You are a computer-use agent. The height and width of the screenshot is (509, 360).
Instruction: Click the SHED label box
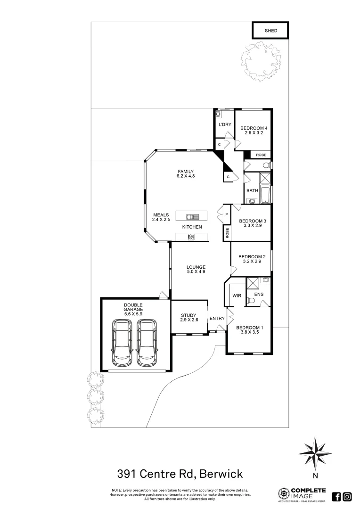point(270,31)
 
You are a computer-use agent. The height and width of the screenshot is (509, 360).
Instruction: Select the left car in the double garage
point(122,343)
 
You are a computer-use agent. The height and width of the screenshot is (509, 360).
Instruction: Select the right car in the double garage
point(147,343)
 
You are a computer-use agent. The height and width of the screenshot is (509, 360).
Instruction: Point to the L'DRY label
point(224,124)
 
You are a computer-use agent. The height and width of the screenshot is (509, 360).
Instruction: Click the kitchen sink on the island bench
point(191,216)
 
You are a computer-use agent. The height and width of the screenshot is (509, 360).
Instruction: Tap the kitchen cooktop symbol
point(191,237)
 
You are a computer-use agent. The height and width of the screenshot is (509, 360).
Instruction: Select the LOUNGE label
point(196,267)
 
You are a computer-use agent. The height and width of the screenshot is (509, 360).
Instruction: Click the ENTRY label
point(217,319)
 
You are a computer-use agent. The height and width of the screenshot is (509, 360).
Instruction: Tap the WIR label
point(236,296)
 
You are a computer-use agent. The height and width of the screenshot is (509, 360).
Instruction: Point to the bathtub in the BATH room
point(265,193)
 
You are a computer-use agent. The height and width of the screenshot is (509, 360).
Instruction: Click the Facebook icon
point(337,496)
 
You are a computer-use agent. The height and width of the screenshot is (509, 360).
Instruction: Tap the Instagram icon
point(347,496)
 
